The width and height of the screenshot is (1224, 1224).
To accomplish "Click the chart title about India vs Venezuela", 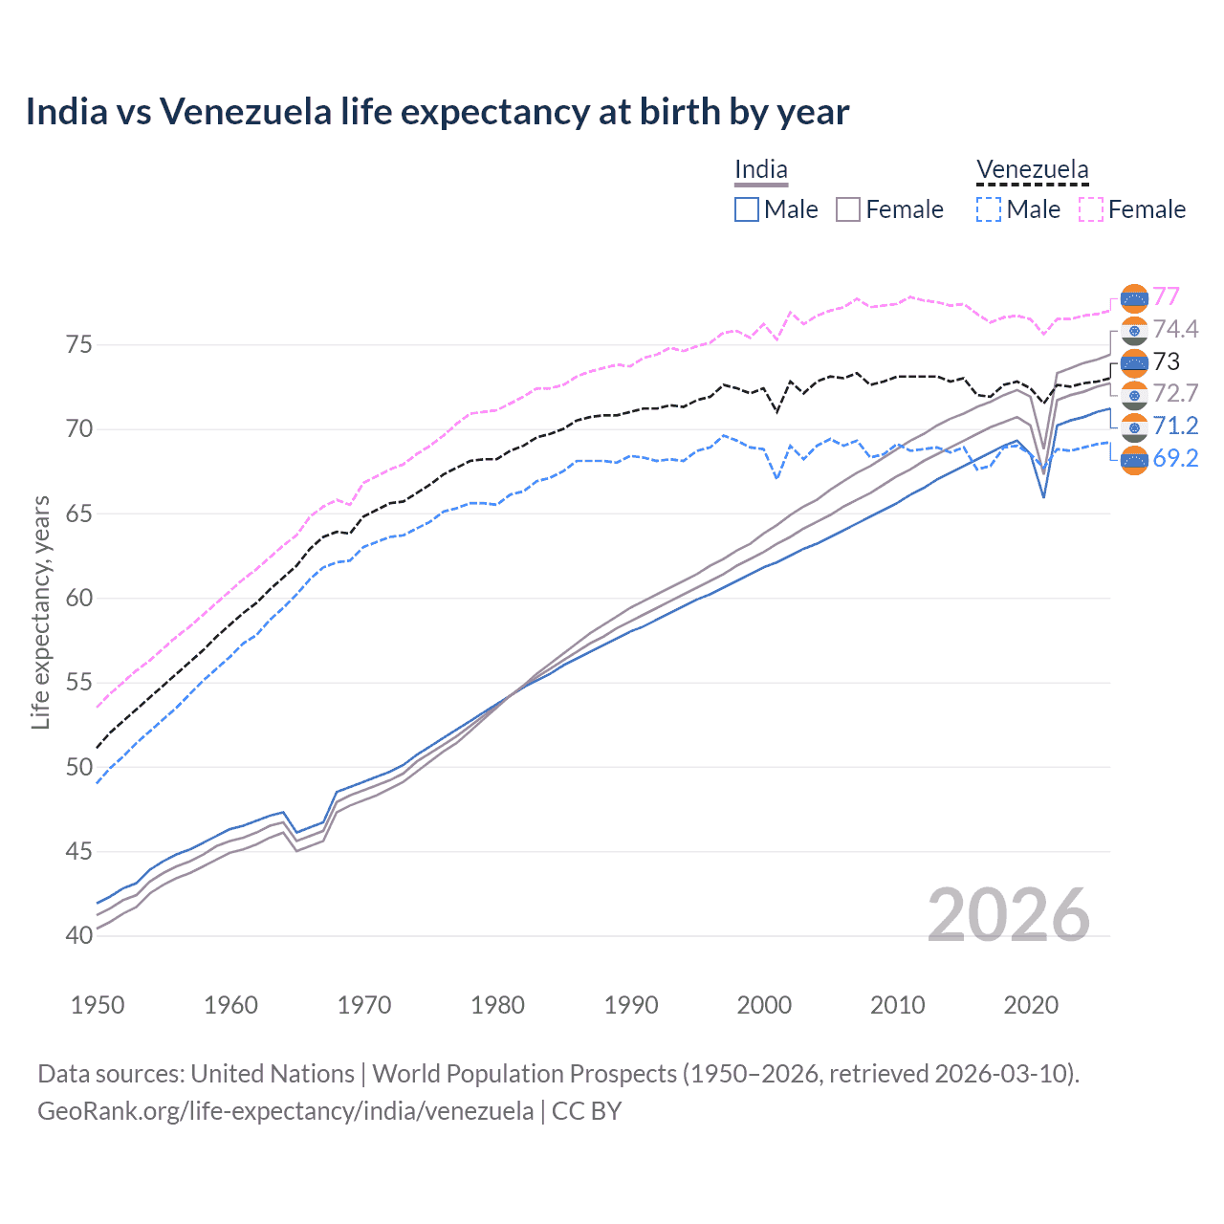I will tap(437, 112).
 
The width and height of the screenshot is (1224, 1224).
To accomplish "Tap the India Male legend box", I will tap(747, 209).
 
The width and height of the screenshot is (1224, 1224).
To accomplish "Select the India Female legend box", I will tap(848, 209).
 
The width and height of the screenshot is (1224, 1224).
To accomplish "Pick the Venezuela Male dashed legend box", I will tap(989, 209).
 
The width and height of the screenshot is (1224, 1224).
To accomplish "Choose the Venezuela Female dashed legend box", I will tap(1090, 209).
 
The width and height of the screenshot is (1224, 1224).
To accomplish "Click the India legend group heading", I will tap(761, 170).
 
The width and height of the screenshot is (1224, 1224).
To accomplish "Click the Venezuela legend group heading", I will tap(1032, 170).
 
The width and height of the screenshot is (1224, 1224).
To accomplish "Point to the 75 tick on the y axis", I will tap(79, 344).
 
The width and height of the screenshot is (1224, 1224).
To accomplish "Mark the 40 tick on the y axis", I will tap(79, 935).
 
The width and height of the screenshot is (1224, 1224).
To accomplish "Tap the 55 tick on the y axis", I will tap(79, 682).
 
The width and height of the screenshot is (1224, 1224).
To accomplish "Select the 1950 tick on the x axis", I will tap(98, 1005).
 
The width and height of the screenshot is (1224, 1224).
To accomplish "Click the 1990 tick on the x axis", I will tap(631, 1005).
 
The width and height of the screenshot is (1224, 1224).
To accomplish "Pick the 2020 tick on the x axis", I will tap(1031, 1005).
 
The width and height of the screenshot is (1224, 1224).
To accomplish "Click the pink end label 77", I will tap(1166, 296).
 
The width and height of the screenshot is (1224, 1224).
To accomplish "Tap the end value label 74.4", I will tap(1175, 329).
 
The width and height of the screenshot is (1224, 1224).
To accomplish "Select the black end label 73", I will tap(1166, 361).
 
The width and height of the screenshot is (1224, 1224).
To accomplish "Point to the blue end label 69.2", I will tap(1175, 458).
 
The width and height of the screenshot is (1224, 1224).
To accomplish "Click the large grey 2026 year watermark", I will tap(1009, 915).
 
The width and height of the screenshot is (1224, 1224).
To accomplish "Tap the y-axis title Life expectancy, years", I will tap(40, 613).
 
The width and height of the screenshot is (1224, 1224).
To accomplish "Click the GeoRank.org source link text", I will tap(285, 1111).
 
